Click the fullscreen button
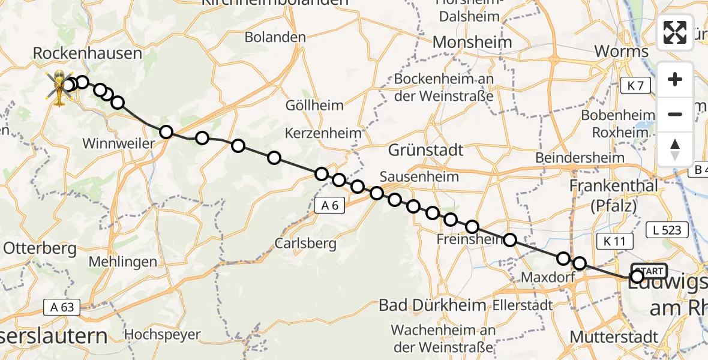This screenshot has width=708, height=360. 675,32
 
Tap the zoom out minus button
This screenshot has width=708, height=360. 675,114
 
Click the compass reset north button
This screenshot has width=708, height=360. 675,149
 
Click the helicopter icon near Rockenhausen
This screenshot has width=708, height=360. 60,87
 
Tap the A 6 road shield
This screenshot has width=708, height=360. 329,206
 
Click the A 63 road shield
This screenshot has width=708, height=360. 62,308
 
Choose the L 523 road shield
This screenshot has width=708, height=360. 666,229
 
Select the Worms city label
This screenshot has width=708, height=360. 621,52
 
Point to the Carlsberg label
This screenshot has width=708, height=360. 305,244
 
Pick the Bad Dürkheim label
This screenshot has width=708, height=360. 432,305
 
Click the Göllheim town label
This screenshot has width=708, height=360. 315,106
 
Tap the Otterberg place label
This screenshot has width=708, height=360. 40,248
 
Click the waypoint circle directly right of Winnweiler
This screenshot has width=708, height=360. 166,132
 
